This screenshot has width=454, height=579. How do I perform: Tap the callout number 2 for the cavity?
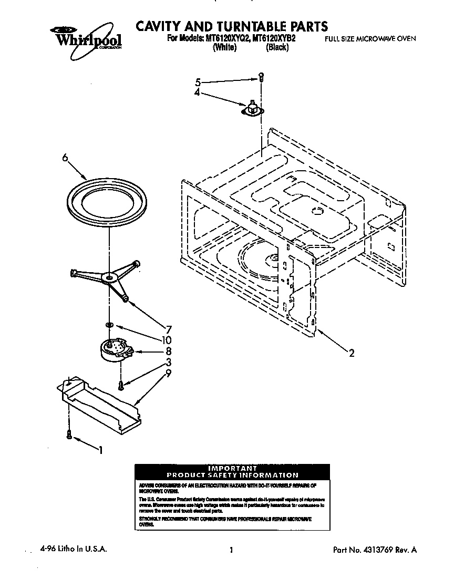pyautogui.click(x=352, y=353)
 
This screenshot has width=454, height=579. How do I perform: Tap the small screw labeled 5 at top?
pyautogui.click(x=261, y=77)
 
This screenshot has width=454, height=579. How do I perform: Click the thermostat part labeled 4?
pyautogui.click(x=252, y=109)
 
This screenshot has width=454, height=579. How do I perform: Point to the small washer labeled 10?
pyautogui.click(x=108, y=325)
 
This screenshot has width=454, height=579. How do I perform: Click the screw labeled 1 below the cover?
pyautogui.click(x=69, y=433)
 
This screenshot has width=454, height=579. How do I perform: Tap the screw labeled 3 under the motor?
pyautogui.click(x=121, y=385)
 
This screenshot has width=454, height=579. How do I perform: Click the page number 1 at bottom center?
pyautogui.click(x=231, y=550)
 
